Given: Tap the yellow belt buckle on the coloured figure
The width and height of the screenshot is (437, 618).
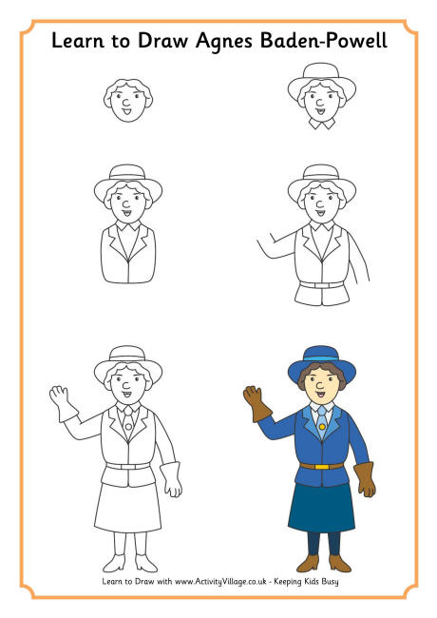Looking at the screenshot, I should (x=321, y=465).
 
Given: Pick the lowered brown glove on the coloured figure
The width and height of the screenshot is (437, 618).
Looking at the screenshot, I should (x=365, y=479).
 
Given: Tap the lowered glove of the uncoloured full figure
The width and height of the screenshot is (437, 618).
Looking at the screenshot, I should (x=171, y=478).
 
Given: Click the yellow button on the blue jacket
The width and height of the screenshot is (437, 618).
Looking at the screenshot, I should (x=321, y=428).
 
